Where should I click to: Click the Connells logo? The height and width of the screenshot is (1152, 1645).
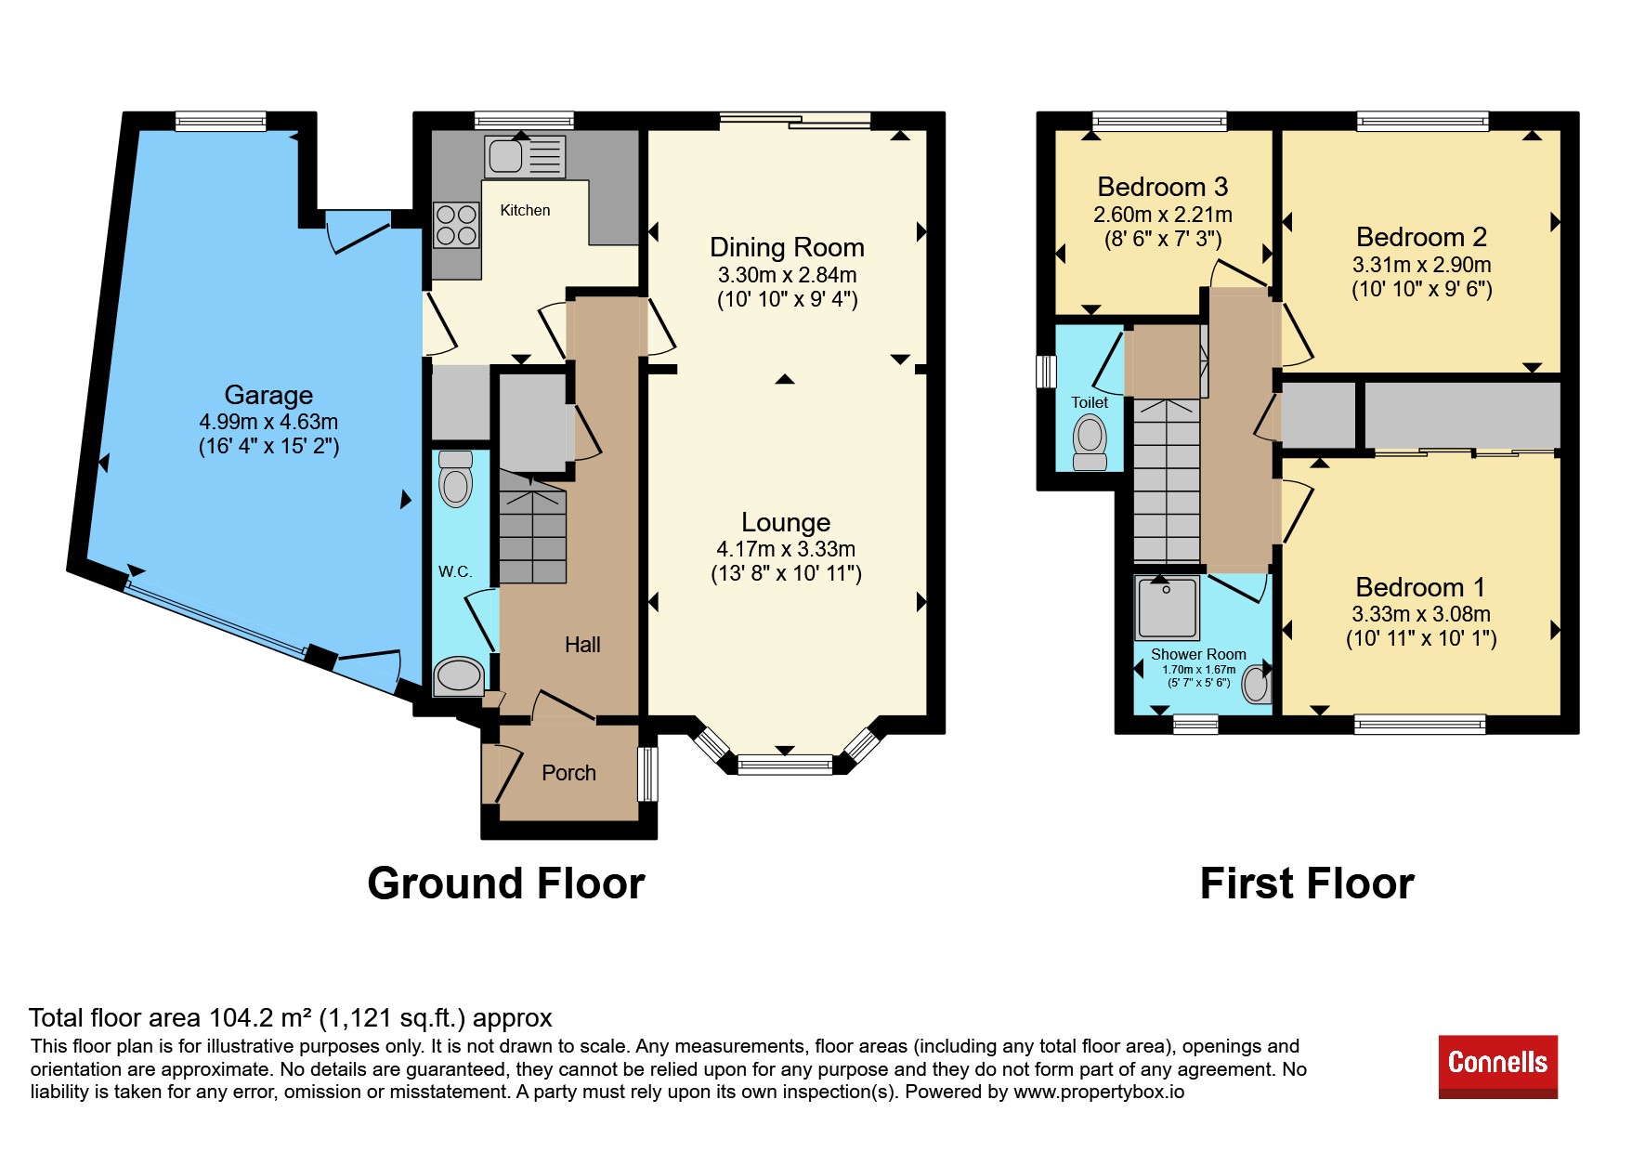(1497, 1066)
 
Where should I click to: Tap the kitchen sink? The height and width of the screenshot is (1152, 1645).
(524, 156)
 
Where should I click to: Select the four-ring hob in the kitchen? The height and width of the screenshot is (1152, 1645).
(456, 225)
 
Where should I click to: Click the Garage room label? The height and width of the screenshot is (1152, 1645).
(268, 395)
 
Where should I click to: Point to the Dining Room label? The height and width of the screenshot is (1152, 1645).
(787, 247)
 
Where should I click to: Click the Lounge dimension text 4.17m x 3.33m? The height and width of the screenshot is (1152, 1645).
(786, 549)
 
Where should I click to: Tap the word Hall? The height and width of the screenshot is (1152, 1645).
(582, 645)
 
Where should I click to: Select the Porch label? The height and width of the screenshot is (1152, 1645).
(568, 773)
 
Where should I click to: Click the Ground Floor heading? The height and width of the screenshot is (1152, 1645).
(506, 884)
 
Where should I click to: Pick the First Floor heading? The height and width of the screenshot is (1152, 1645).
(1307, 884)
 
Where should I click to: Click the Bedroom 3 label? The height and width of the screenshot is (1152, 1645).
(1163, 188)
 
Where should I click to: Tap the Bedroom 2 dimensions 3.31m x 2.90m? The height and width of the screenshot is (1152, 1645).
(1421, 265)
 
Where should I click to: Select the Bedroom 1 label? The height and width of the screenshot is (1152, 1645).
(1420, 587)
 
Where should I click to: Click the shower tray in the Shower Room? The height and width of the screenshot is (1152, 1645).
(1167, 608)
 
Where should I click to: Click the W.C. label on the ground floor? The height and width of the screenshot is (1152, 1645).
(455, 571)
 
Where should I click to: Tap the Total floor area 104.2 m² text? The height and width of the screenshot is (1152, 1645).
(291, 1018)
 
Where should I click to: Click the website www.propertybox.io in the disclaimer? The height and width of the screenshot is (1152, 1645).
(1099, 1092)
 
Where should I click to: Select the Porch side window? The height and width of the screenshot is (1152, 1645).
(647, 774)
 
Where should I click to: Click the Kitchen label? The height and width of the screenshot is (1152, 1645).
(525, 211)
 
